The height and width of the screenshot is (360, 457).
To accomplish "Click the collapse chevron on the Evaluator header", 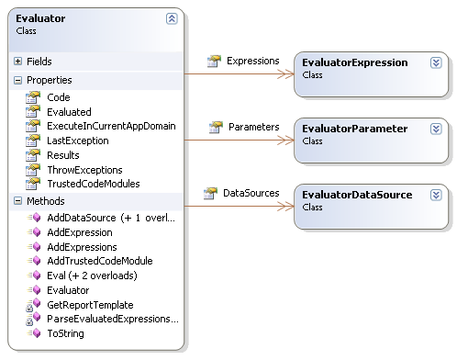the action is point(172,18).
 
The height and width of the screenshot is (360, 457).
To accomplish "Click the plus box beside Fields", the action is point(17,62).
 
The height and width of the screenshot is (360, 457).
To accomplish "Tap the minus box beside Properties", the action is point(17,80).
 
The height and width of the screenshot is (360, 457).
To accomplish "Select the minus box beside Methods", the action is point(17,201).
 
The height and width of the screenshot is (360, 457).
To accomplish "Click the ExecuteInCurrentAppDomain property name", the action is point(111,126).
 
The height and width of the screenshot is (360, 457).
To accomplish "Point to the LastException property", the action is point(78,141).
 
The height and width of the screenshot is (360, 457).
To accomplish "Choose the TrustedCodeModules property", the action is point(94,184).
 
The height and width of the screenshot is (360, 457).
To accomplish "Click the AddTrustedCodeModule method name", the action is point(100,261).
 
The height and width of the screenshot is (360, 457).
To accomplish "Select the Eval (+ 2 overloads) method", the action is point(92,276).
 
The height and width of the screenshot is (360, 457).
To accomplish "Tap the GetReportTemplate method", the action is point(90,305).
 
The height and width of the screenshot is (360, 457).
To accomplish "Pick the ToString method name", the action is point(65,333).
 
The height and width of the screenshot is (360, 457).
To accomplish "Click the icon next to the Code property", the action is point(33,97).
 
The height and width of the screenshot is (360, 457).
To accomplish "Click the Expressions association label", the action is point(253,61).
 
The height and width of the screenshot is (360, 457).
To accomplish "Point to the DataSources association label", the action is point(251,193).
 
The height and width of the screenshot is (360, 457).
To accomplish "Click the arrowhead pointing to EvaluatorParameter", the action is point(285,141).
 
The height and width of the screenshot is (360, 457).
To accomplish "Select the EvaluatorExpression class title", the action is point(355,62).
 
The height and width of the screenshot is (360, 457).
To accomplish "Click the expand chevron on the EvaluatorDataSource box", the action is point(436,195).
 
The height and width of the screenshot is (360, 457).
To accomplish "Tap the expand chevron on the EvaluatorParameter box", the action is point(436,129).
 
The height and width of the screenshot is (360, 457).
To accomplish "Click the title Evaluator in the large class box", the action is point(40,18).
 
